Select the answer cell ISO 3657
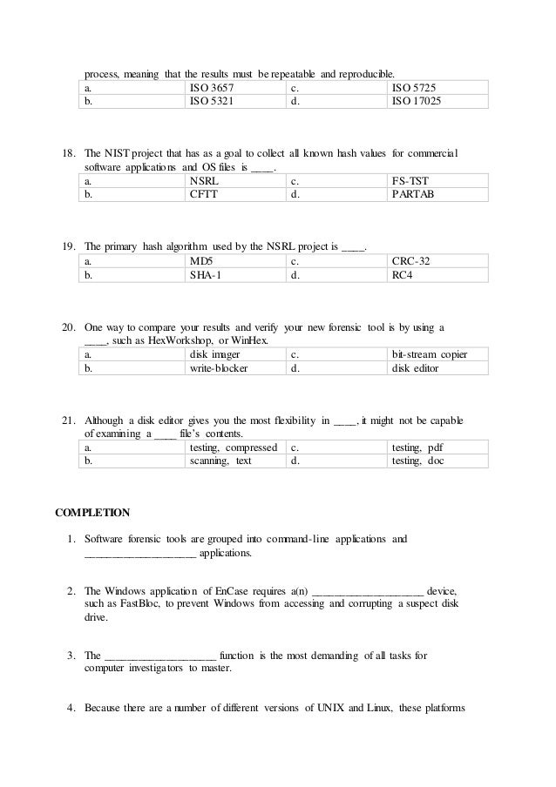[x=211, y=88]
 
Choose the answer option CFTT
[x=204, y=194]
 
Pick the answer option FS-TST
[x=409, y=181]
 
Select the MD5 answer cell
[x=201, y=260]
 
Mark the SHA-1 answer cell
[x=205, y=274]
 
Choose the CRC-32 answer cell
[x=411, y=260]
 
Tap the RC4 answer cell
[x=403, y=274]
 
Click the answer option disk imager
[x=214, y=354]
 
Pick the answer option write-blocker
[x=219, y=368]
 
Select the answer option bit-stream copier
[x=429, y=354]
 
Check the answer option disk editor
[x=415, y=368]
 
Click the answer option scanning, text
[x=220, y=461]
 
